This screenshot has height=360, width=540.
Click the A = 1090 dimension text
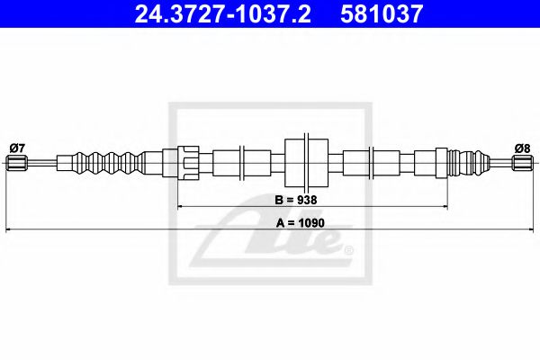295,221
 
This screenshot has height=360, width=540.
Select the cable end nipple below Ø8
522,163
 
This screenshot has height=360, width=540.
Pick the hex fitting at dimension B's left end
186,163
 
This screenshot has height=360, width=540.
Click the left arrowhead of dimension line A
10,231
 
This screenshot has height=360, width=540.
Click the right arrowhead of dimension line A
530,231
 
